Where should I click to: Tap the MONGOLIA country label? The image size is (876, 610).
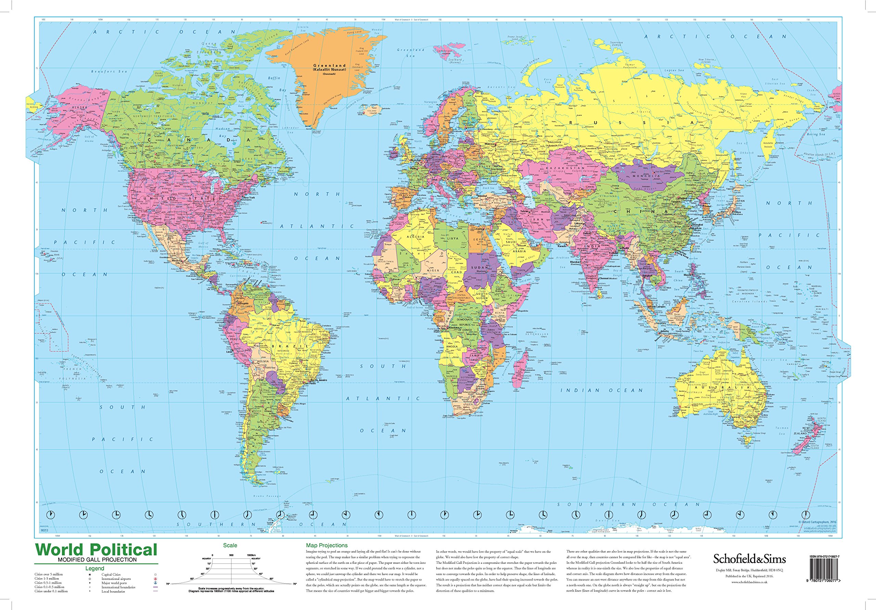644,176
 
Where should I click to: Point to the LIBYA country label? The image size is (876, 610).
453,238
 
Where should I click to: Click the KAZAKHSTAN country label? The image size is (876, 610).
565,168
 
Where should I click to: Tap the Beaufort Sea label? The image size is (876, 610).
109,72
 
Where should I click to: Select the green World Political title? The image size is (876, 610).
96,550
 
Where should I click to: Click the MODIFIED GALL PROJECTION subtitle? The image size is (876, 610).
97,560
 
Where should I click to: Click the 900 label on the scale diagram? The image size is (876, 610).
231,555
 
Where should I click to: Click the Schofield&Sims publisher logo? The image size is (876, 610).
749,559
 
